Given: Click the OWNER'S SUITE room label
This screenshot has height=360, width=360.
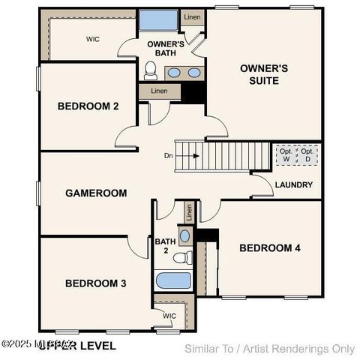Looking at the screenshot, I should tap(263, 73).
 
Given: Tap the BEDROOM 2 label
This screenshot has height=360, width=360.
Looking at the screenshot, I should tap(88, 106).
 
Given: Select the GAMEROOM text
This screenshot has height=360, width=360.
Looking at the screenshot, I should tap(95, 193).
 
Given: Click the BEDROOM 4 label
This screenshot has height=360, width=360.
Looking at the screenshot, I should tap(269, 248).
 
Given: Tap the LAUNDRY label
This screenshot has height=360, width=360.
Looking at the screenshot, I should tap(294, 184).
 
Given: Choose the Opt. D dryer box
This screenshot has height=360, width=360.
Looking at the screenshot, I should tap(307, 156).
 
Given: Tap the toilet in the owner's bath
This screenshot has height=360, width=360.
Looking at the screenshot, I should tap(150, 71).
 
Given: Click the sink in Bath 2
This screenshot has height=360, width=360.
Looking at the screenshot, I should tap(184, 236).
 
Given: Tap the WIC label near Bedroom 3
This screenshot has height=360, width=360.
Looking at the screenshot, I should tap(169, 316).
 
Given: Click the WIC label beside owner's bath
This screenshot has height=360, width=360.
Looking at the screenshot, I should tap(93, 39).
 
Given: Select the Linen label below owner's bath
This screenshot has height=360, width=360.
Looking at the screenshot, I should tap(159, 91).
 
